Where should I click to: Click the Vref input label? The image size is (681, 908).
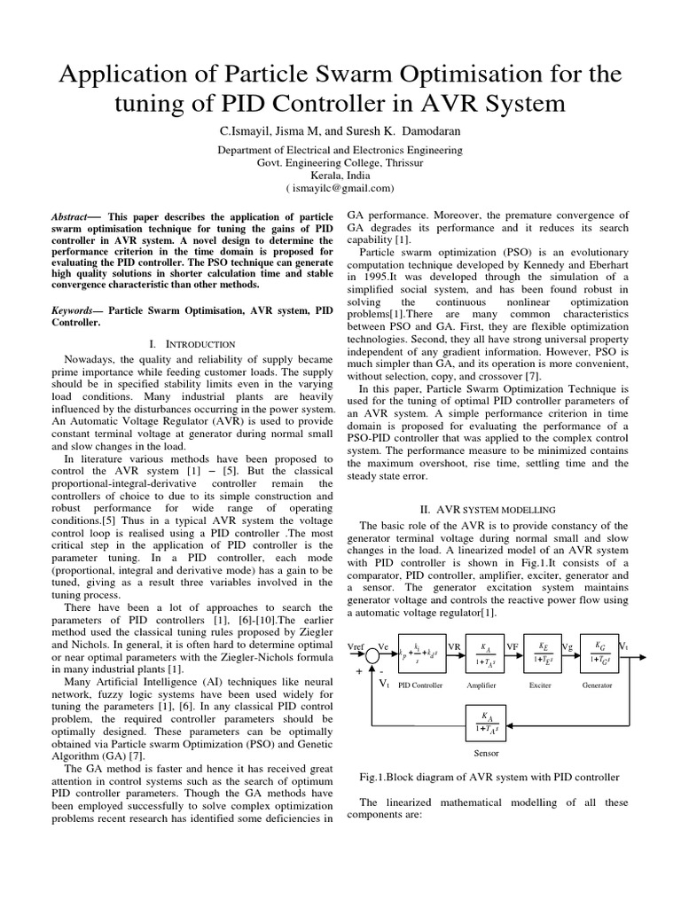(356, 647)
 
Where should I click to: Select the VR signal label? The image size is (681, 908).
(455, 647)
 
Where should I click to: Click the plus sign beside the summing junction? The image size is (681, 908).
(359, 672)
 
